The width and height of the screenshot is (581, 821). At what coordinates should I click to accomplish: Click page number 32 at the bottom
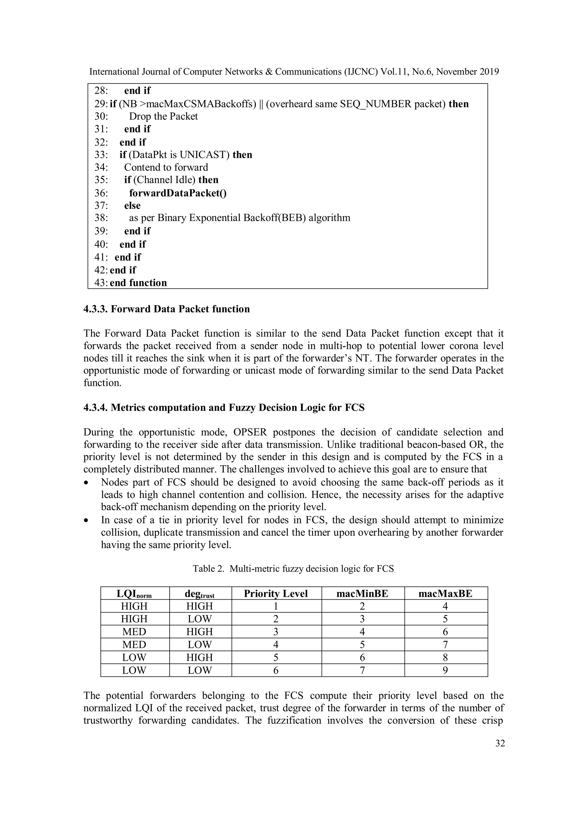coord(500,743)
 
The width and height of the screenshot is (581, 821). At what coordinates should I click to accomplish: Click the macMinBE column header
coord(362,594)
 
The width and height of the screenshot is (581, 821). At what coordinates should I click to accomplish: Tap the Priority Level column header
coord(276,594)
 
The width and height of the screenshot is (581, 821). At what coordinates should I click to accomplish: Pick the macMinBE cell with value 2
coord(362,606)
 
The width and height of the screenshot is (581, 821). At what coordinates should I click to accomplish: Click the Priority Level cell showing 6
coord(276,670)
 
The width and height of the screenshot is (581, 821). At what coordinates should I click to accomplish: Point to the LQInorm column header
coord(134,594)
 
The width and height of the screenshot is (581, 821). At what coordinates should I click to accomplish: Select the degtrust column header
coord(199,594)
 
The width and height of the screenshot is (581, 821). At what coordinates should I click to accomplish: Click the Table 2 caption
coord(293,568)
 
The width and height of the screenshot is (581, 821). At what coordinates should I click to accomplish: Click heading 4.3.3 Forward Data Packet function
coord(167,309)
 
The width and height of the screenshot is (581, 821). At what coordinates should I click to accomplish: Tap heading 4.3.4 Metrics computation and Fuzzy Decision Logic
coord(224,408)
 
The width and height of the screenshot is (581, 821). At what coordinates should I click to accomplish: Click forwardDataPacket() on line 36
coord(178,193)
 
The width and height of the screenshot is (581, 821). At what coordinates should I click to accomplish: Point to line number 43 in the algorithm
coord(101,283)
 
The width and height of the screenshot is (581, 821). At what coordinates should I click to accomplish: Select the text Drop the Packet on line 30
coord(163,116)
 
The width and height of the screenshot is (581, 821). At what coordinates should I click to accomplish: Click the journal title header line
coord(294,72)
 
